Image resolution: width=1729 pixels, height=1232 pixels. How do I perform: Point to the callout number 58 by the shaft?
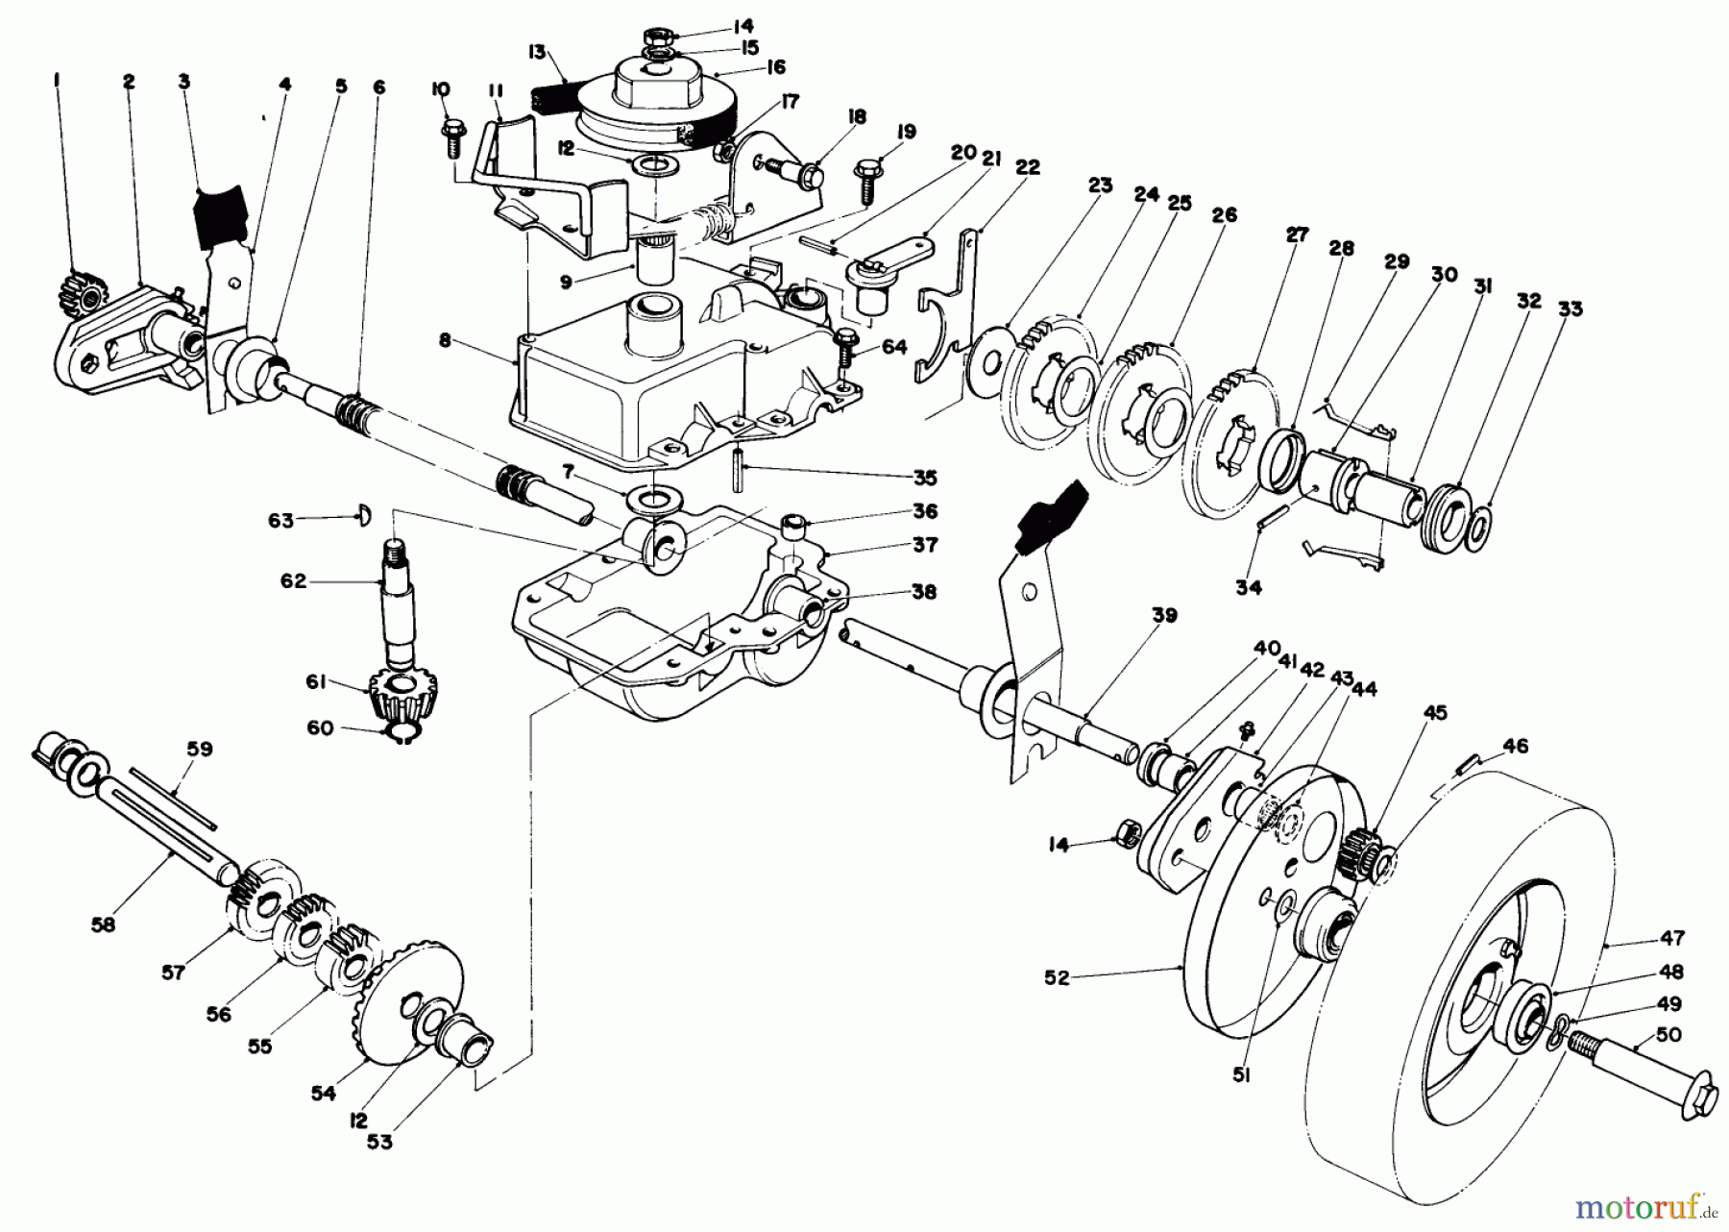103,924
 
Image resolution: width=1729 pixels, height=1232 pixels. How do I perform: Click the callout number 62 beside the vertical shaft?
293,581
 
